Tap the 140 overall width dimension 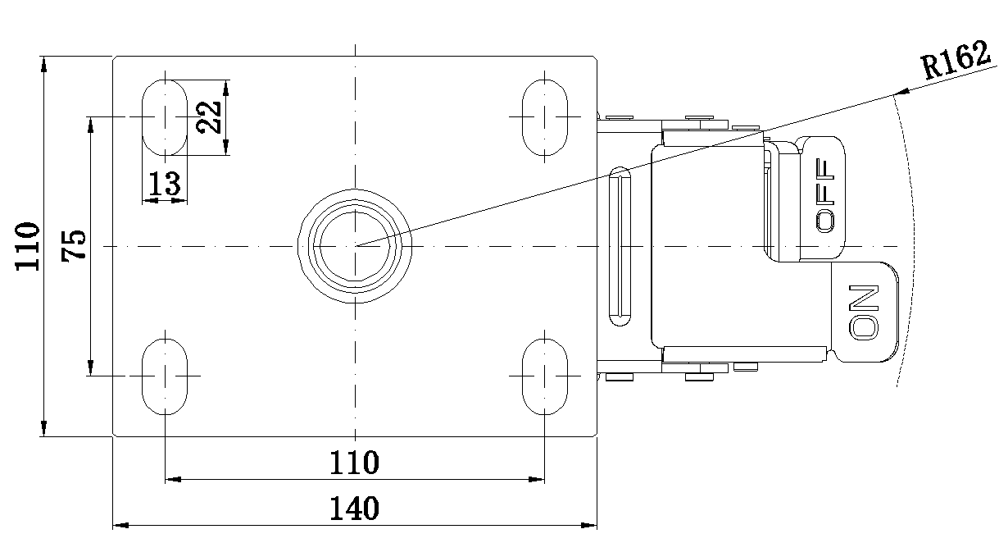pos(355,509)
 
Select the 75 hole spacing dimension pos(74,246)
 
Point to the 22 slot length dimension pos(209,117)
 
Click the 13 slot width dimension pos(165,184)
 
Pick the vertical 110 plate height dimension pos(28,246)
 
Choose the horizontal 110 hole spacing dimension pos(355,463)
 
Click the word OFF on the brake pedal pos(825,195)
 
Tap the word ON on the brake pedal pos(864,312)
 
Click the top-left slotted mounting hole pos(165,117)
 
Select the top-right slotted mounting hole pos(544,117)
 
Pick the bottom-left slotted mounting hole pos(165,376)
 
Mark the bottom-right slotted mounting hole pos(544,376)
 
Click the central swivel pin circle pos(355,246)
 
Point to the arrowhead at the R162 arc pos(901,93)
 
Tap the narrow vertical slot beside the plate pos(620,246)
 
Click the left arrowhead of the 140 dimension pos(120,525)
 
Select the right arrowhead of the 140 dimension pos(588,525)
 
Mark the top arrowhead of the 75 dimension pos(90,125)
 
